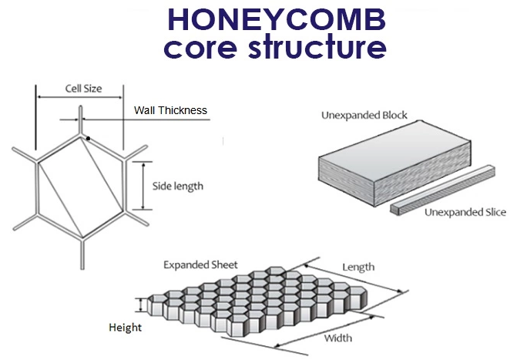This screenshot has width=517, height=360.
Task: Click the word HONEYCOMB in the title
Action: [277, 19]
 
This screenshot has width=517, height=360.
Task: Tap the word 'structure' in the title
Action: [317, 46]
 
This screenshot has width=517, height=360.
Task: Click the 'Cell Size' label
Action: [83, 89]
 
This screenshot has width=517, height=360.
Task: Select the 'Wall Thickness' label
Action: [170, 110]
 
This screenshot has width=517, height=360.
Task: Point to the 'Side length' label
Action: [178, 186]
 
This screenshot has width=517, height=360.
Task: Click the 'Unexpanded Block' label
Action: [364, 115]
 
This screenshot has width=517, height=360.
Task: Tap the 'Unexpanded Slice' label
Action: [465, 212]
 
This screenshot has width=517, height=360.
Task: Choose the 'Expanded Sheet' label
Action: [200, 265]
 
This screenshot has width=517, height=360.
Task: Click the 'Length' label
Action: [358, 267]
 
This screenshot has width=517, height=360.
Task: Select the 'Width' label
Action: [338, 338]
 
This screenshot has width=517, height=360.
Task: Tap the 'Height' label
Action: [126, 328]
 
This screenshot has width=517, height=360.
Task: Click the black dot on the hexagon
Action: [88, 139]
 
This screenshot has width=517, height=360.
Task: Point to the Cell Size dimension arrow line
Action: [79, 97]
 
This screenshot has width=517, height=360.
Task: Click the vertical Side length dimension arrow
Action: [143, 186]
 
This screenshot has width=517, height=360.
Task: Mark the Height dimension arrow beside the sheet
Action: [141, 305]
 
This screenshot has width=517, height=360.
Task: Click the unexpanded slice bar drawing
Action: [443, 190]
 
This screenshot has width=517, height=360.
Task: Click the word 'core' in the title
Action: [200, 48]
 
